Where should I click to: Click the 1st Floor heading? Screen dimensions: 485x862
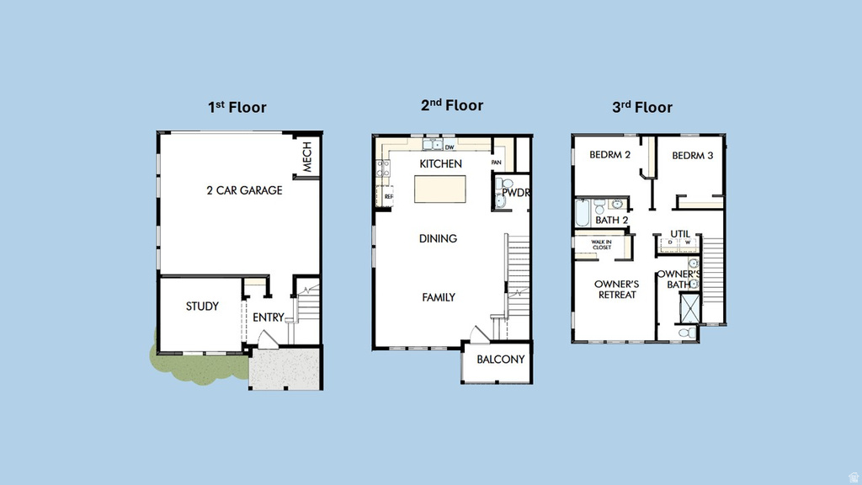point(237,107)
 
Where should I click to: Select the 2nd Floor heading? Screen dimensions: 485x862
point(452,105)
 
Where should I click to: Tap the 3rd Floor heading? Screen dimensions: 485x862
point(641,107)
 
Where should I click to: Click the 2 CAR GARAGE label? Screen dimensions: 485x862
point(244,190)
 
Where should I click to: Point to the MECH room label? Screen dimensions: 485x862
point(307,157)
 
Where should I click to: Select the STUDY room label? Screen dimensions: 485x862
point(202,306)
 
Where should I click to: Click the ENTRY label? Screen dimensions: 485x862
point(269,317)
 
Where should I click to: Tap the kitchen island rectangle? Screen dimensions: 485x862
point(439,189)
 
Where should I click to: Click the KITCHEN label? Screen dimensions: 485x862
point(441,163)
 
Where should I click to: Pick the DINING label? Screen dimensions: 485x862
point(438,238)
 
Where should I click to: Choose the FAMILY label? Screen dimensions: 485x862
point(438,297)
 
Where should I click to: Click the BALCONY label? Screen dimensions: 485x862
point(500,360)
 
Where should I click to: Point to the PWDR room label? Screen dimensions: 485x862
point(514,193)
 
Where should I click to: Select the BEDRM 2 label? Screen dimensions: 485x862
point(609,155)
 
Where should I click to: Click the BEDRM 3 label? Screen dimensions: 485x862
point(692,155)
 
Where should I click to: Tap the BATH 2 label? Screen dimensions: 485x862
point(611,221)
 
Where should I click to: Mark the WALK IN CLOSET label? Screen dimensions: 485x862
point(601,245)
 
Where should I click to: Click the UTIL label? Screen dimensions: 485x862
point(680,234)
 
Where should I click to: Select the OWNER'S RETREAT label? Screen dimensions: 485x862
point(616,290)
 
